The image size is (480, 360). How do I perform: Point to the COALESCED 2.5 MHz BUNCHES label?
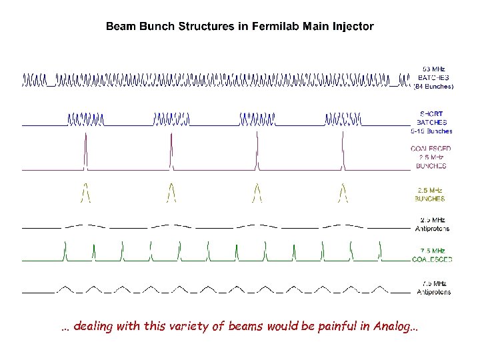[x=431, y=157]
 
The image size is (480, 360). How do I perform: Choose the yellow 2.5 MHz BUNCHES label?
[x=431, y=194]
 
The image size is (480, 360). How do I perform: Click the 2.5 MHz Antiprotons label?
[x=433, y=224]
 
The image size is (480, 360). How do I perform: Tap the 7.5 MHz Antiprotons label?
[x=433, y=287]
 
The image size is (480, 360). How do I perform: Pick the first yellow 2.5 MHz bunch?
[x=85, y=191]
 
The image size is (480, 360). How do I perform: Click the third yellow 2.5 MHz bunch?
[x=257, y=191]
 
